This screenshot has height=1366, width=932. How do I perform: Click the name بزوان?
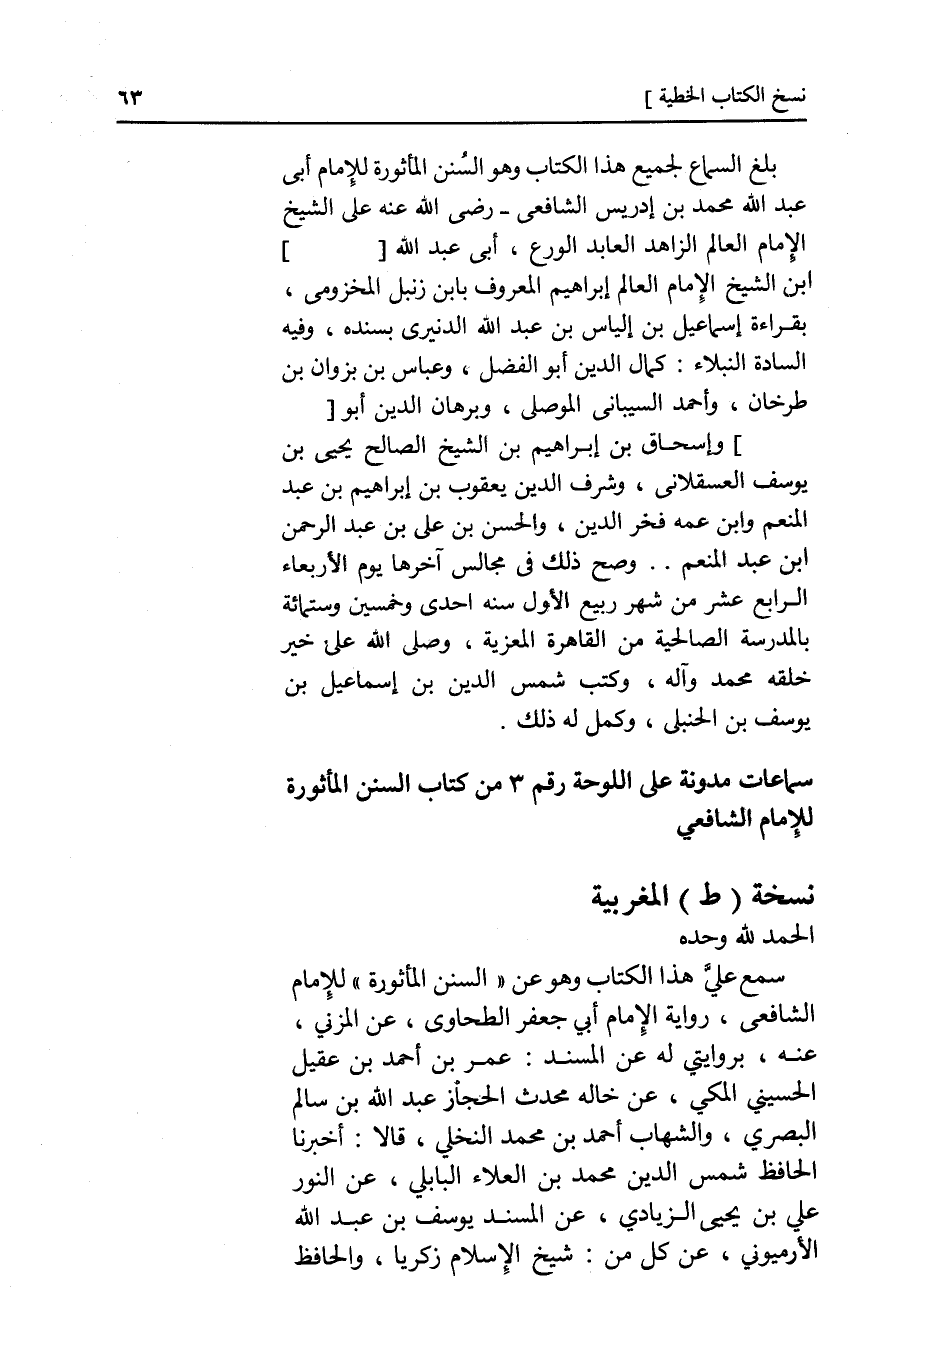coord(335,371)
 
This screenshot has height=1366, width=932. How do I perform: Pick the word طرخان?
coord(787,408)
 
